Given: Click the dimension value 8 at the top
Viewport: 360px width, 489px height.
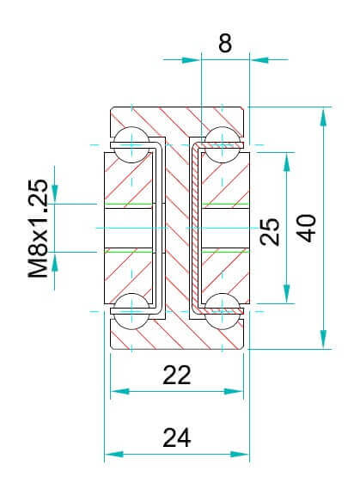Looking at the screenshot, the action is point(225,43).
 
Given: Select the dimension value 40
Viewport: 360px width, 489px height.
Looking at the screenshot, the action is point(307,229).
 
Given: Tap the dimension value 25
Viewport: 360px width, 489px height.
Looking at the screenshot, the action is point(271,231).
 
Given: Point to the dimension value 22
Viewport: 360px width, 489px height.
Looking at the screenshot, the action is point(177,375).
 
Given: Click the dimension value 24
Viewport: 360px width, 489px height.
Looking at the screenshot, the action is point(177,437).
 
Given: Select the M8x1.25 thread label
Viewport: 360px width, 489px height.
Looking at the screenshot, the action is point(38,229).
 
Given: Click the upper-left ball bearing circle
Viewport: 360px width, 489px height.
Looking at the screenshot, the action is point(131,144).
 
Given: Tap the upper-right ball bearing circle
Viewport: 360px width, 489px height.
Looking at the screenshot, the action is point(222,144).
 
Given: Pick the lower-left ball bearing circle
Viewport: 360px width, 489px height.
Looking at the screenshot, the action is point(131,311).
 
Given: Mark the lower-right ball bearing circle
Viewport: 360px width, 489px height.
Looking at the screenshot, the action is point(222,311).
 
